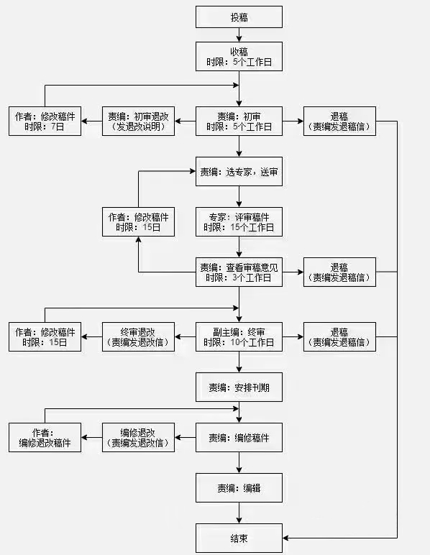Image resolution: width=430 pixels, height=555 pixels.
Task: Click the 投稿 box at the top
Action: point(239,17)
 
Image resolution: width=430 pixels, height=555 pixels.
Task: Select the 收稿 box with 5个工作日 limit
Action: point(239,56)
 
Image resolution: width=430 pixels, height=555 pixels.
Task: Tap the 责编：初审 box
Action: point(239,121)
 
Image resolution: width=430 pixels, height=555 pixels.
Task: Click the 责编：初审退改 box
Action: point(138,121)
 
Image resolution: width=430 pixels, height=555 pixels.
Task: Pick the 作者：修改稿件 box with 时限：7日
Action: point(45,121)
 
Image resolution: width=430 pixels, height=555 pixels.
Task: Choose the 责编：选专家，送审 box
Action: point(239,172)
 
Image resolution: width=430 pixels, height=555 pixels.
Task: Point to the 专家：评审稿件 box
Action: point(239,221)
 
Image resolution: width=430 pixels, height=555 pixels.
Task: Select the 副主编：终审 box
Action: point(239,336)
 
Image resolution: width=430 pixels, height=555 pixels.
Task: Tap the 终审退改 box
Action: point(138,336)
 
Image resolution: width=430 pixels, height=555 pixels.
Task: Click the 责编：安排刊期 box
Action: point(239,387)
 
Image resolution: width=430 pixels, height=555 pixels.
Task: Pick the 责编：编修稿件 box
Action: point(239,437)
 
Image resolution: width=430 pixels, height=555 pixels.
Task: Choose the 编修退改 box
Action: point(138,437)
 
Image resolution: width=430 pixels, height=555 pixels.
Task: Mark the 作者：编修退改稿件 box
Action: point(45,437)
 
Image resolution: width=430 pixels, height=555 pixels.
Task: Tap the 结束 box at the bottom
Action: point(239,538)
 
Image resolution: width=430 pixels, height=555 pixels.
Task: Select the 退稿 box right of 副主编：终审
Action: point(339,336)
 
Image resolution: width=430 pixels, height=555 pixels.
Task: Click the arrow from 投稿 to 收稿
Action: point(239,35)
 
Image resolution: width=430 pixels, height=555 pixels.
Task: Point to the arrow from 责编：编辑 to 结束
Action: point(239,513)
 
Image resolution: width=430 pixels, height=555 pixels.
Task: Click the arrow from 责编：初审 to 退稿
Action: point(293,121)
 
